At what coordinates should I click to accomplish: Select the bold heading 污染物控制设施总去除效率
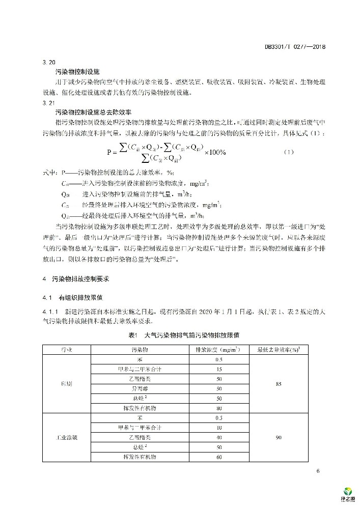click(86, 110)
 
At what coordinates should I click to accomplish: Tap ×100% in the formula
click(215, 152)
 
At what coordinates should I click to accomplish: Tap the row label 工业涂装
click(67, 438)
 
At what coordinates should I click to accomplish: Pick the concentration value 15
click(218, 369)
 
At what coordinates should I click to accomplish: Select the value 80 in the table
click(218, 407)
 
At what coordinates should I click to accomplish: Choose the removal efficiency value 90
click(278, 438)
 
